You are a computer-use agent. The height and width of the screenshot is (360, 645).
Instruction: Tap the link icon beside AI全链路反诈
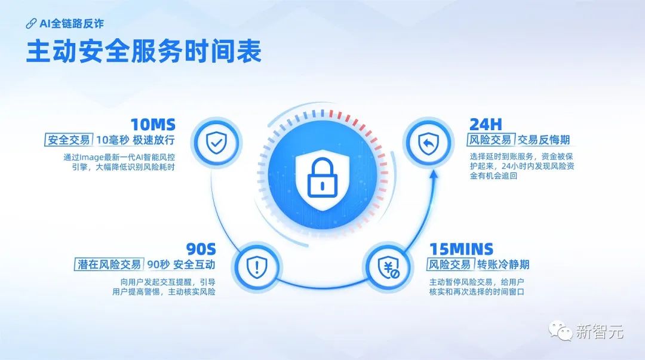pos(31,24)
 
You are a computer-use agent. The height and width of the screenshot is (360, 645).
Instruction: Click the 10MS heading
pos(153,125)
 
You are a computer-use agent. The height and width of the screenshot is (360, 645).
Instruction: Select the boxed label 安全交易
pos(68,140)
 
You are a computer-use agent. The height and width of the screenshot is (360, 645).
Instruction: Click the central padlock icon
pos(322,179)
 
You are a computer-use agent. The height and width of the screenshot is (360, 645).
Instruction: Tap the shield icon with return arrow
pos(429,143)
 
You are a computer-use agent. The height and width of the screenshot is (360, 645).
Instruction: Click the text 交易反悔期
pos(543,140)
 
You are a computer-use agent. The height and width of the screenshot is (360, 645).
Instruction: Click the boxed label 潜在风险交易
pos(109,264)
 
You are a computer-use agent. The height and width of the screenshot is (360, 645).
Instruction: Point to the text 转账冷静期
pos(503,264)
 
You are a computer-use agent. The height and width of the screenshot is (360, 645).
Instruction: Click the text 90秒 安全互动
pos(181,264)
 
